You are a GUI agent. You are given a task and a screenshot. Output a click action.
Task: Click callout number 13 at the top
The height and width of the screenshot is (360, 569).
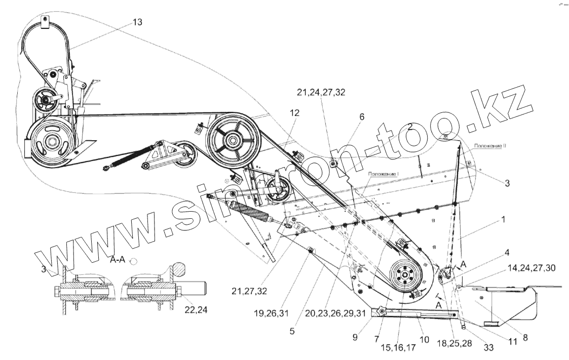(x=137, y=22)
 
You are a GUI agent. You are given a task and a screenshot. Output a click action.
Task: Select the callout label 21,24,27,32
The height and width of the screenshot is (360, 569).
(x=322, y=92)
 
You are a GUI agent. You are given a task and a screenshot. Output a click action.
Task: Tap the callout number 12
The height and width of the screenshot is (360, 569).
(x=294, y=113)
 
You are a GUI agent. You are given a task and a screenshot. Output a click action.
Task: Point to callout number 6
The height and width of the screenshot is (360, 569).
(x=362, y=116)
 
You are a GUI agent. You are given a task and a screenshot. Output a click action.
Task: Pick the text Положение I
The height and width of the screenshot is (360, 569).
(x=384, y=174)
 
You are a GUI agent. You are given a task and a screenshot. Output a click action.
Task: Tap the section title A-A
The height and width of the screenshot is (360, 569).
(x=118, y=261)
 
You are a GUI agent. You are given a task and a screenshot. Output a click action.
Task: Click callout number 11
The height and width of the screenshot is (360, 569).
(x=513, y=342)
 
